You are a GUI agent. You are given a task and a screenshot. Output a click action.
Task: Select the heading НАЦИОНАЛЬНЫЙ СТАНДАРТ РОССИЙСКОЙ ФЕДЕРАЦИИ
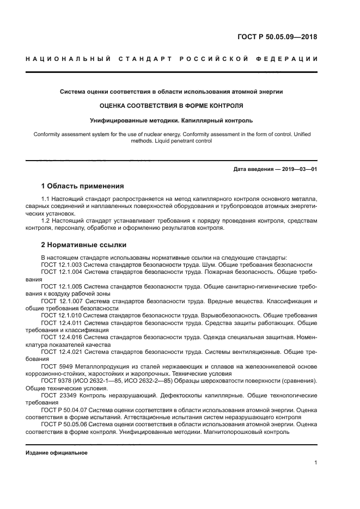(172, 59)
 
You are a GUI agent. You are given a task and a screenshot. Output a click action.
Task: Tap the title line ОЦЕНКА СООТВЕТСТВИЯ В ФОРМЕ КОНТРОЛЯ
(172, 105)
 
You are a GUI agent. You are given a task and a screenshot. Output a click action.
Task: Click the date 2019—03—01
(297, 169)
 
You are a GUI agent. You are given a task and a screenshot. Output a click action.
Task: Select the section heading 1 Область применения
(82, 186)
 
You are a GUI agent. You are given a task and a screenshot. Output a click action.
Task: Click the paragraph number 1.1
(46, 200)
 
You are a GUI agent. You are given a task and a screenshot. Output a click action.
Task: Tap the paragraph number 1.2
(46, 221)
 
